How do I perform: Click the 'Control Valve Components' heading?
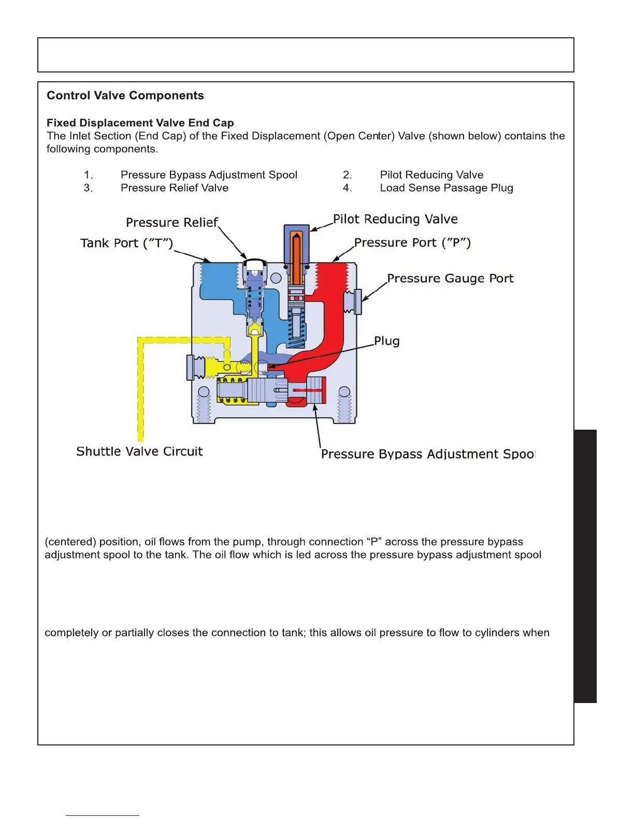(125, 96)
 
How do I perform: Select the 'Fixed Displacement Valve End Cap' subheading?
(140, 123)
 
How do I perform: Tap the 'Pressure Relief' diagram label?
(172, 223)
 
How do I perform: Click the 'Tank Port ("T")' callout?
(126, 243)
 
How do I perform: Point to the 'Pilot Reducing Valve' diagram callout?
(395, 219)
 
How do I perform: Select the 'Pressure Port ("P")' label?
(412, 243)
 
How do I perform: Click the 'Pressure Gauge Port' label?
(450, 279)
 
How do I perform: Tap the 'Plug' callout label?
(387, 341)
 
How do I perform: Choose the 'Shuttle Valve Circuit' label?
(139, 451)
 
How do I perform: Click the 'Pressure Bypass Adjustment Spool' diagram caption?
(428, 454)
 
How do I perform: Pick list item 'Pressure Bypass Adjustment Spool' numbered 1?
(209, 175)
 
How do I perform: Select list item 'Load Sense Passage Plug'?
(446, 188)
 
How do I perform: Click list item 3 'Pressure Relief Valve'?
(175, 188)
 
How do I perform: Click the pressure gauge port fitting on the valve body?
(355, 302)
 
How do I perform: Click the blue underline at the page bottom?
(103, 815)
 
